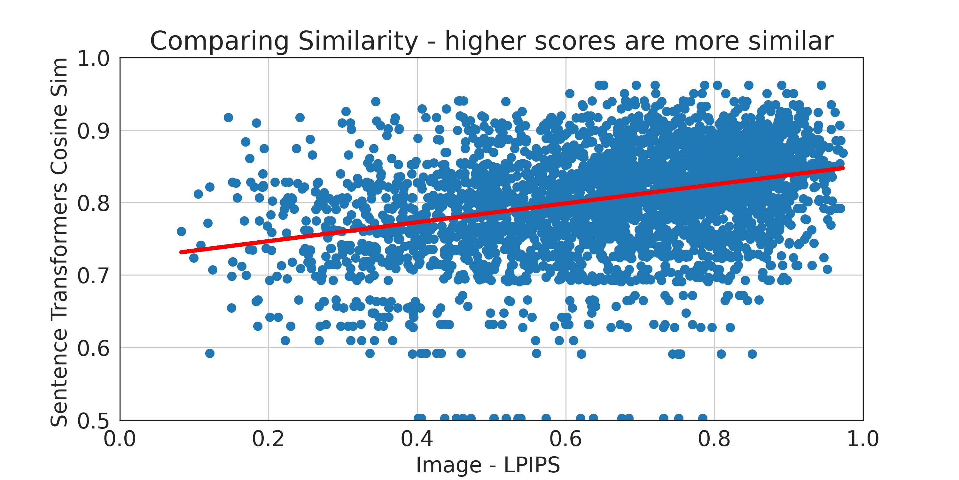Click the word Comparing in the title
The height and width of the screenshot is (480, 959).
(x=219, y=41)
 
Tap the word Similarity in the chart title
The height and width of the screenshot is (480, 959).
(x=358, y=41)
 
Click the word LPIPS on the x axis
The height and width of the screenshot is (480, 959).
(x=532, y=465)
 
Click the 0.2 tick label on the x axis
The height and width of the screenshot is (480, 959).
(x=268, y=439)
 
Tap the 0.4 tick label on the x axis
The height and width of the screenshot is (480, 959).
(x=417, y=439)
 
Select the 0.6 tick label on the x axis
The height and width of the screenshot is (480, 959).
(x=565, y=439)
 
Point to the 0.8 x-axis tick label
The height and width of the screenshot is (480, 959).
(x=714, y=439)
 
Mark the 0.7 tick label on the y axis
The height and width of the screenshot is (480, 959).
(x=93, y=276)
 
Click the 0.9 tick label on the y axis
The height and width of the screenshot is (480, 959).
(x=93, y=131)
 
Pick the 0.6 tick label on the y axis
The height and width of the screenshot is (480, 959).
(x=93, y=348)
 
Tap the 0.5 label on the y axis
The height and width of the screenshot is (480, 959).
(x=93, y=421)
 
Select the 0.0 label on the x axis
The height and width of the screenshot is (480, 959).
(x=120, y=439)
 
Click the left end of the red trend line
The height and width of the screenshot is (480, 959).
(x=181, y=252)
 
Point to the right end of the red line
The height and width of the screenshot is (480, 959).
(x=843, y=168)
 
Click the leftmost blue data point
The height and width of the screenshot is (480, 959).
(x=181, y=231)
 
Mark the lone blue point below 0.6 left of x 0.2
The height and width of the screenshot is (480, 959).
(x=210, y=353)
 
